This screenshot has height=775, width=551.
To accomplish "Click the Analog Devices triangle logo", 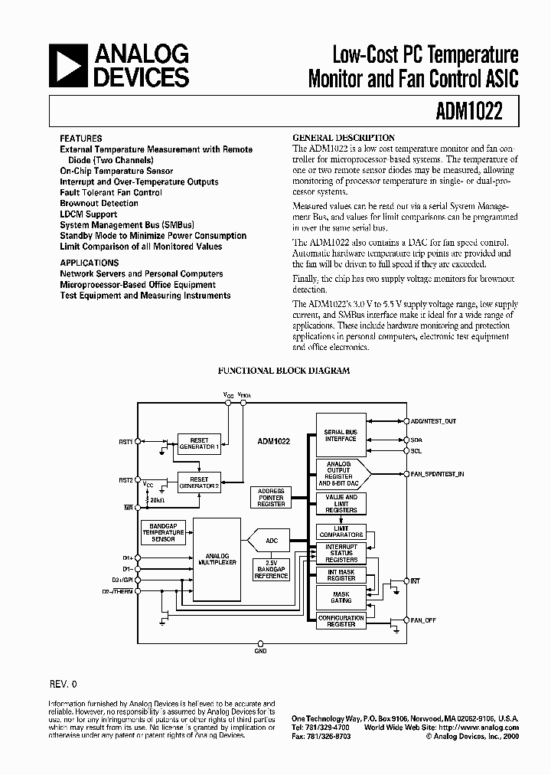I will tap(66, 65).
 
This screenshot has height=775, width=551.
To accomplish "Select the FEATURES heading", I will tap(80, 139).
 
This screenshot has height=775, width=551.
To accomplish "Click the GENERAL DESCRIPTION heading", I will tap(344, 138).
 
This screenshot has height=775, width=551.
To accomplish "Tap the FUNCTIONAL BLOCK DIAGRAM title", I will tap(284, 371).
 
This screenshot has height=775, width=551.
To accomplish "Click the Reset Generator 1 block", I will tap(198, 443).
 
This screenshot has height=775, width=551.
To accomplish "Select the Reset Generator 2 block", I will tap(198, 481).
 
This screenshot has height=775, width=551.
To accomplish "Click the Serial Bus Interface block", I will tap(341, 436).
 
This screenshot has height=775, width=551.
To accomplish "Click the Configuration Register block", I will tap(341, 621).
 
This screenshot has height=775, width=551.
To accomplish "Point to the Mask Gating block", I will tap(341, 599).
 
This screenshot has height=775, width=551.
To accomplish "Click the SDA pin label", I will tap(416, 440).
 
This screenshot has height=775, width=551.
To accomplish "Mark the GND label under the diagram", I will tap(261, 652).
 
